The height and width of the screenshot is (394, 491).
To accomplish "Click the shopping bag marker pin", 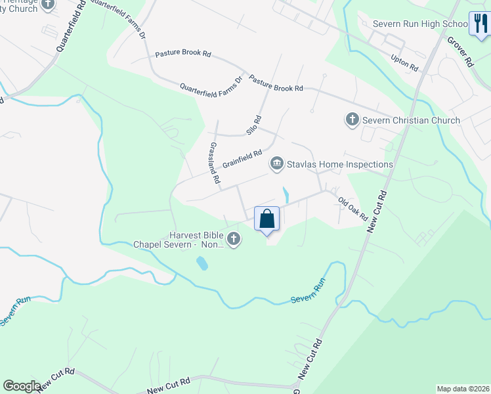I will point(267,219).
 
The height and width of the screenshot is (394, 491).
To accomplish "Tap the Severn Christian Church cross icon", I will point(352,120).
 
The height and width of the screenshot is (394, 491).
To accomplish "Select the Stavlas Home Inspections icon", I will point(277,164).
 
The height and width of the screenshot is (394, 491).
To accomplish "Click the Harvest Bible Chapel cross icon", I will point(234,240).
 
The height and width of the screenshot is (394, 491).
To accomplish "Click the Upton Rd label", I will point(404,63).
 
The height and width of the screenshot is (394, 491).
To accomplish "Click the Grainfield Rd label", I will point(242,158).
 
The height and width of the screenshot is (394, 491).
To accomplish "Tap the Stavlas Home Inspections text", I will point(339,164).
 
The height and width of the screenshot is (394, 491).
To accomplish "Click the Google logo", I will point(22,386).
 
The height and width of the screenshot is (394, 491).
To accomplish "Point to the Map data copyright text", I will point(462,389).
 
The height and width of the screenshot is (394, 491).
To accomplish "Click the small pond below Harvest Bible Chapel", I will point(202,263).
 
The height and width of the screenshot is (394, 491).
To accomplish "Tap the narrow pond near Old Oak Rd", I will point(286,194).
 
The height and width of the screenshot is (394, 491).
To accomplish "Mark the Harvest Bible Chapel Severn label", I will point(179,240).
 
